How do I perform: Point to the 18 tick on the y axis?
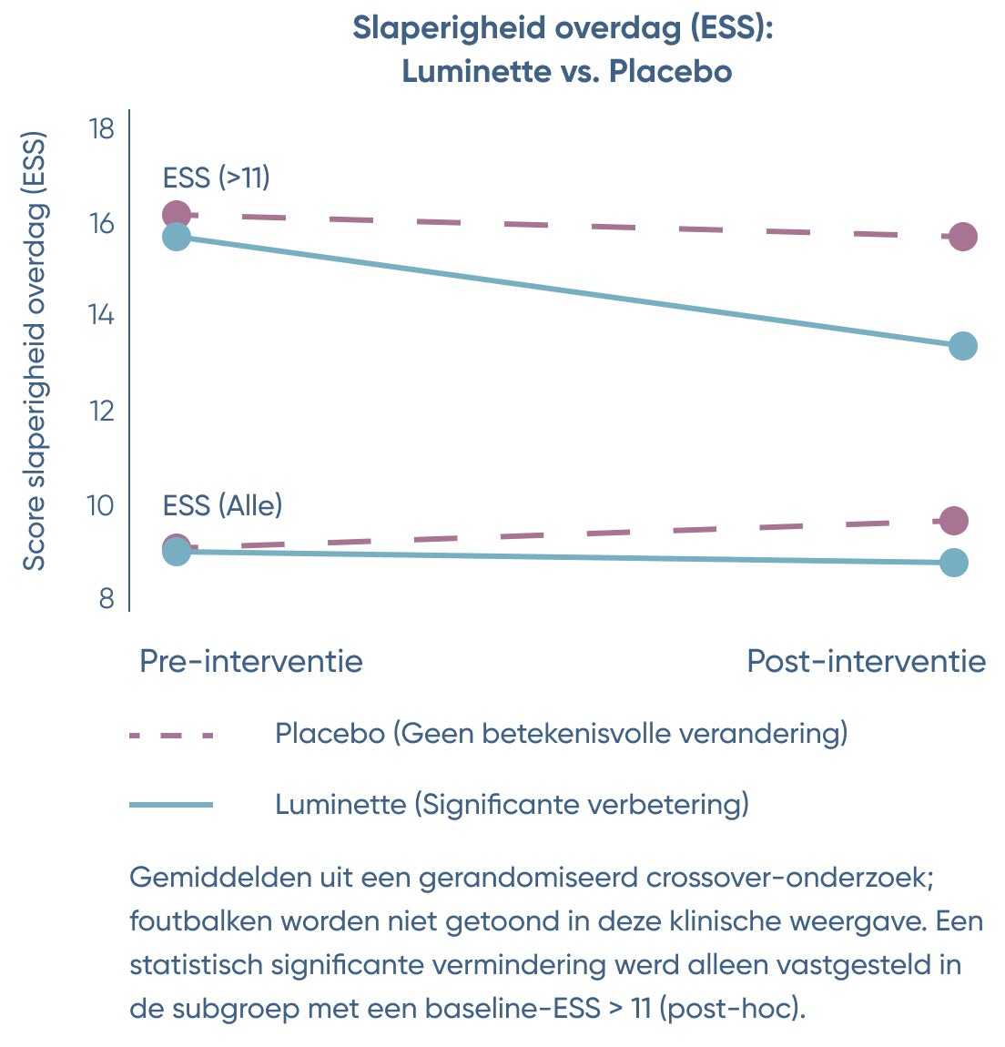tap(102, 128)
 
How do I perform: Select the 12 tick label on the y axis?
tap(102, 411)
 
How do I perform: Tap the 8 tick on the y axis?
tap(107, 598)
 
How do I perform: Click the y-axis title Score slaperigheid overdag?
tap(34, 353)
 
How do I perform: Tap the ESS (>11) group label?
tap(217, 177)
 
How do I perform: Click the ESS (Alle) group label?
tap(222, 504)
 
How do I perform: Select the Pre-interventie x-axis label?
tap(250, 661)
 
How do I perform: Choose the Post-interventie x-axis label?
tap(866, 661)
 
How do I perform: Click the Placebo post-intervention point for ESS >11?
tap(962, 237)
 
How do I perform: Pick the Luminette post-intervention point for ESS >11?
tap(962, 346)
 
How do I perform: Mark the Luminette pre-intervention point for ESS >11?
tap(177, 237)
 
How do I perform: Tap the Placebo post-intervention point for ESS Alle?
tap(954, 521)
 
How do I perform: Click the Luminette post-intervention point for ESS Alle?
tap(954, 563)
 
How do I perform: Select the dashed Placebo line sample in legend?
tap(171, 734)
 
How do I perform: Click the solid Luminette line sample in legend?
tap(171, 805)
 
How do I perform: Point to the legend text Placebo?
tap(330, 733)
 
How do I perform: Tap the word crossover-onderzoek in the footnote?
tap(790, 878)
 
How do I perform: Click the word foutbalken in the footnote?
tap(200, 921)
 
